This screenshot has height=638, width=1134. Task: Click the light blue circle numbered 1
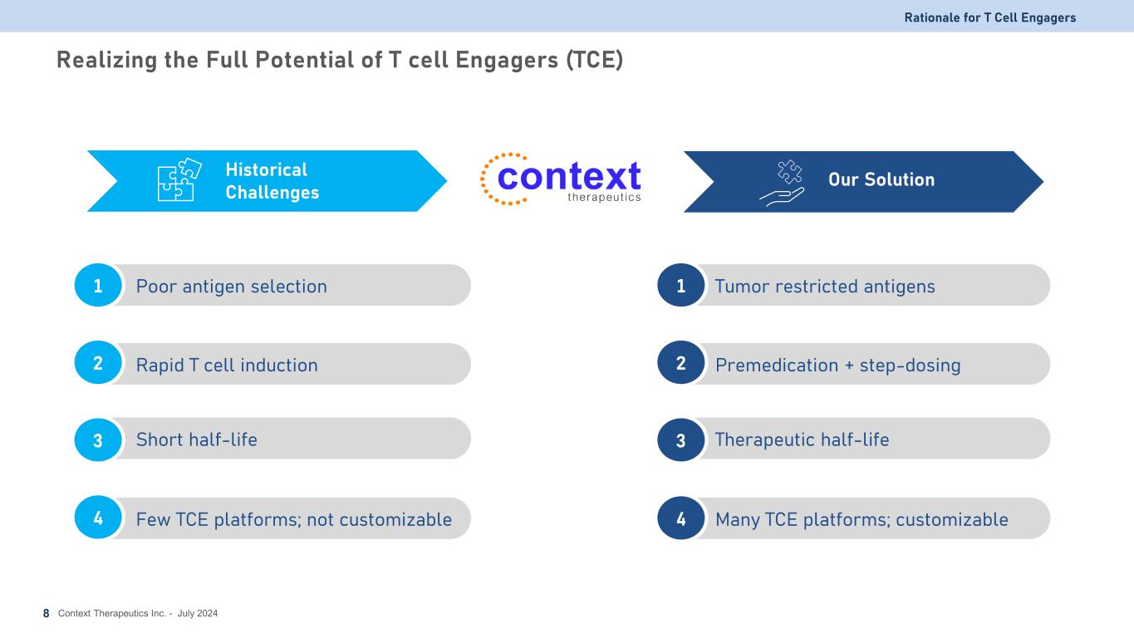(x=98, y=285)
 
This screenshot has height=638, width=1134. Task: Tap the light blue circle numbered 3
(x=98, y=439)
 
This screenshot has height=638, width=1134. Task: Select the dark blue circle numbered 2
(x=681, y=362)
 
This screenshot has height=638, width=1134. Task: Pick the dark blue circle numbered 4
(x=681, y=518)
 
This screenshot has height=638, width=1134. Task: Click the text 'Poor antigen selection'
(x=231, y=287)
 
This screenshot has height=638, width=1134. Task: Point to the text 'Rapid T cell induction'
(x=227, y=365)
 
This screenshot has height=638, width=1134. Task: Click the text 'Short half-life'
(x=196, y=439)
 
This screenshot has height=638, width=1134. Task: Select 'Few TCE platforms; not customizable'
(x=293, y=519)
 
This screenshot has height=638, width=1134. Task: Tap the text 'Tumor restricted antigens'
(x=825, y=287)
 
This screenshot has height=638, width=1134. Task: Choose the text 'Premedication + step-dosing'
(x=838, y=365)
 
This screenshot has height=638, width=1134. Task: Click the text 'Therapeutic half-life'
(x=802, y=439)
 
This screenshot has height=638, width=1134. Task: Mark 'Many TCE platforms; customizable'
(x=862, y=519)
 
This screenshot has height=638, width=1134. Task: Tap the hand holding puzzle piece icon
(x=783, y=184)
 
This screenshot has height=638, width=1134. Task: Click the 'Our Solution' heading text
(x=881, y=179)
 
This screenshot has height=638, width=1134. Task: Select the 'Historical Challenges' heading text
(x=272, y=181)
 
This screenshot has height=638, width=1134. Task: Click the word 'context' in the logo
(x=569, y=176)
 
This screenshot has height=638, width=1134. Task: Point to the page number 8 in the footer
(x=46, y=614)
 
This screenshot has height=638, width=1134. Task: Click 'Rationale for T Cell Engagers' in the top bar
(x=990, y=17)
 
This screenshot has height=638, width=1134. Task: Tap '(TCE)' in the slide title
(x=594, y=60)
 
